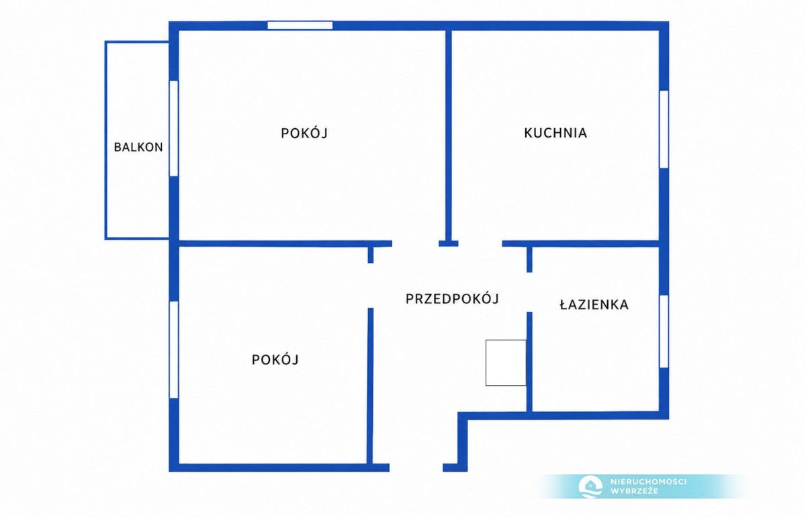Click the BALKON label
click(x=138, y=147)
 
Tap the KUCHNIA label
click(x=555, y=133)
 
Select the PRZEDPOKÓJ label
click(x=452, y=299)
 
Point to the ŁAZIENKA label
click(x=594, y=305)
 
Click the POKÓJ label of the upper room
click(x=304, y=134)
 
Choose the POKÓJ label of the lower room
click(x=275, y=360)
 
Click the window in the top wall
click(x=300, y=25)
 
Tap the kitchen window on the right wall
click(x=664, y=129)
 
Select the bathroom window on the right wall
click(x=664, y=331)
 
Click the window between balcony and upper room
click(x=174, y=128)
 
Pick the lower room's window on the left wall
click(x=174, y=350)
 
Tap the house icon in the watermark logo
click(x=590, y=486)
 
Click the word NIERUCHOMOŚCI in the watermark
click(x=648, y=482)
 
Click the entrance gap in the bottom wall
click(x=416, y=468)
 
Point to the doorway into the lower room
click(x=371, y=286)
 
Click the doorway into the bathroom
click(x=529, y=293)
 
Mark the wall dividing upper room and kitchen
click(x=449, y=136)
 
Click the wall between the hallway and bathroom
click(x=529, y=362)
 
